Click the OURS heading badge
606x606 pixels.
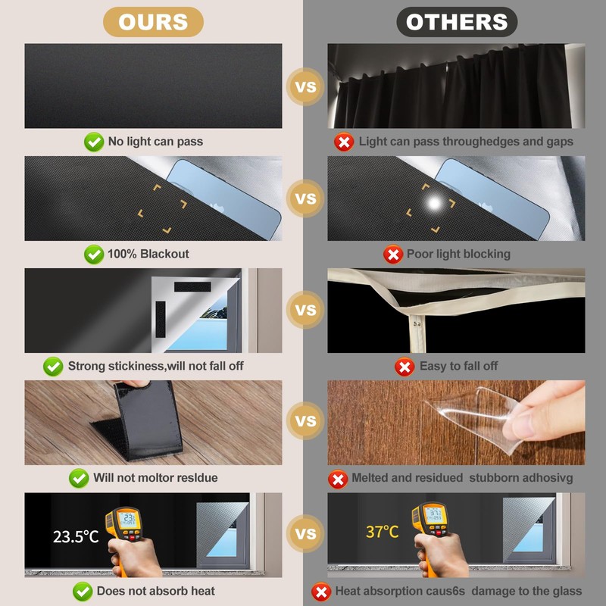[153, 22]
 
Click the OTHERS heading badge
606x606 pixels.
[457, 22]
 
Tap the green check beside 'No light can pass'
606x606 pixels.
[94, 141]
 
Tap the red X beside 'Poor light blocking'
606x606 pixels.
[392, 254]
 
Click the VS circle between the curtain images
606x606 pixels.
[305, 86]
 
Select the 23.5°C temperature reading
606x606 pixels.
[76, 536]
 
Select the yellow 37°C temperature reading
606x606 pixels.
[382, 532]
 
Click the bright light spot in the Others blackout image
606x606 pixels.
[435, 203]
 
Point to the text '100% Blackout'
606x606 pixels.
[148, 254]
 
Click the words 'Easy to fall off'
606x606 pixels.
[458, 366]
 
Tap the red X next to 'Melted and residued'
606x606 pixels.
[337, 478]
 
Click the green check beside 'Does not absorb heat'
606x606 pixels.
[83, 591]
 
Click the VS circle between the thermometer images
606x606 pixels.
[305, 534]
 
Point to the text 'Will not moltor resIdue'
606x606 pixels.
[155, 478]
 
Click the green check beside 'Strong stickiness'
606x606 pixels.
[53, 366]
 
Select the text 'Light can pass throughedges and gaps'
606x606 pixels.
[466, 141]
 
